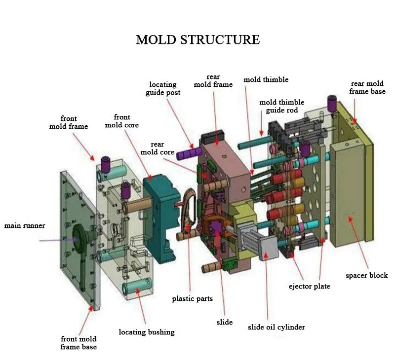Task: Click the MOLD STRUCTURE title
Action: tap(198, 40)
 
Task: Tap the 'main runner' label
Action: tap(25, 226)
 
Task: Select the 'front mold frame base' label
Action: tap(79, 343)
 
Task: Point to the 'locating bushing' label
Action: tap(147, 332)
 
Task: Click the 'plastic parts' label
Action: tap(192, 299)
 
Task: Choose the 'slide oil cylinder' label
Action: tap(276, 327)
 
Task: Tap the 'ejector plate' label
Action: tap(310, 287)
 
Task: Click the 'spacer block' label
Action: tap(366, 276)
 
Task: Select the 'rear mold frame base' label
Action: tap(367, 87)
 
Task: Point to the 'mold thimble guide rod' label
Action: tap(281, 106)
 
